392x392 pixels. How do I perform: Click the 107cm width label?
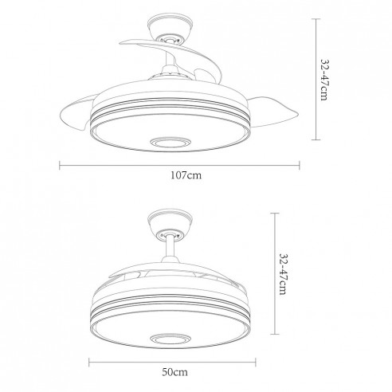coord(186,175)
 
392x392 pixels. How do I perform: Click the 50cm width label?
coord(174,372)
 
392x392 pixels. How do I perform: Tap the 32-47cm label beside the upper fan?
coord(325,80)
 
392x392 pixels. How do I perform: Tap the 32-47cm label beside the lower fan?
coord(284,274)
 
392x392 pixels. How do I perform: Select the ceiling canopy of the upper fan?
coord(170,28)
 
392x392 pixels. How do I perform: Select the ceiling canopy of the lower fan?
coord(170,222)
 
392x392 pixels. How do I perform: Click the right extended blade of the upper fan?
coord(272,112)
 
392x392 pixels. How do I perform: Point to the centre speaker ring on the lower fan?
coord(171,339)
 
